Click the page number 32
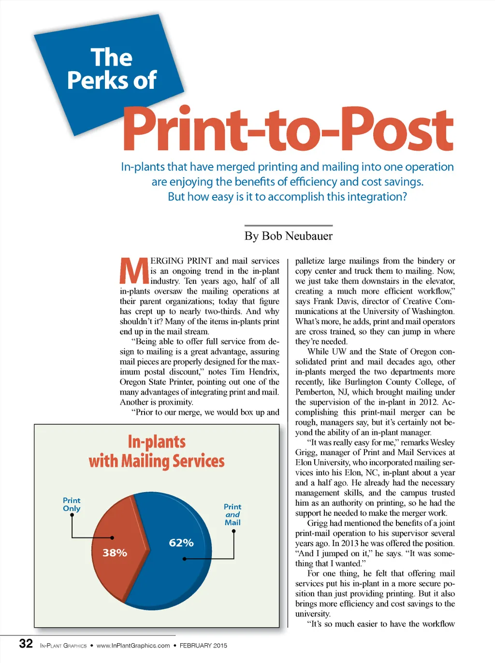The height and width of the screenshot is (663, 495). (26, 643)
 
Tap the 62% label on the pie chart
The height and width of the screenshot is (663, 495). (181, 543)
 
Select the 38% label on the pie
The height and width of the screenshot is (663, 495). (115, 552)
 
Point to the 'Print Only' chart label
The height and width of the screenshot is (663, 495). (72, 504)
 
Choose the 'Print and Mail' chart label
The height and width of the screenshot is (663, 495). (233, 514)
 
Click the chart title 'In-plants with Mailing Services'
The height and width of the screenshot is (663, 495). (157, 451)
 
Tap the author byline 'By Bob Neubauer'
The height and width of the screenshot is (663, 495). (288, 236)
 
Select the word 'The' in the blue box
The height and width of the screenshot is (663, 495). (111, 57)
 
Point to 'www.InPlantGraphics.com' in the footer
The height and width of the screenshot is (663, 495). (133, 646)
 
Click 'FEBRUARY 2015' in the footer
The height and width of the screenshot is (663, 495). (203, 646)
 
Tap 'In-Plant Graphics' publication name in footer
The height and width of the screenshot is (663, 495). (63, 646)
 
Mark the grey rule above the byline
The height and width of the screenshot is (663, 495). (288, 226)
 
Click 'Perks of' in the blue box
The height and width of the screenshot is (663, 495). (112, 80)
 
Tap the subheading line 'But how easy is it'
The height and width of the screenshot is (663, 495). (287, 197)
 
